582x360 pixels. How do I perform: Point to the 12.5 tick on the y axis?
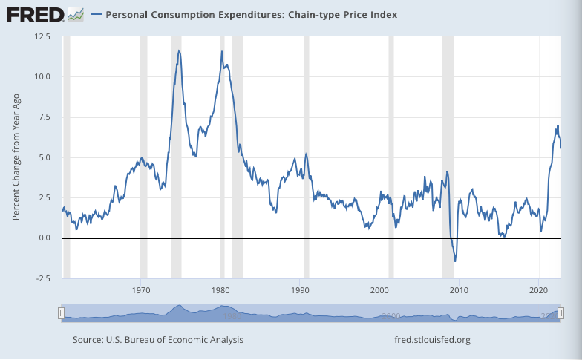41,36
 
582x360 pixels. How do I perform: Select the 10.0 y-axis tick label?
41,76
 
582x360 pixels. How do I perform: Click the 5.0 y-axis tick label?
43,157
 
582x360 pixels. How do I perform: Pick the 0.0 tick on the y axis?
43,238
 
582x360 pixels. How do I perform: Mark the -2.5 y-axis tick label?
42,278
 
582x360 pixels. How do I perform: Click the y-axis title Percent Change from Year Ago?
16,157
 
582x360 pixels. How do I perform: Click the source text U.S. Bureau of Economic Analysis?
157,340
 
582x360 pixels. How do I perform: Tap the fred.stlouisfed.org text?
434,340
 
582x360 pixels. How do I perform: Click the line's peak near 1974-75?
179,50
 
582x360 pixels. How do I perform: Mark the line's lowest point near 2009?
455,261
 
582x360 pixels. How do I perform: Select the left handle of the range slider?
62,313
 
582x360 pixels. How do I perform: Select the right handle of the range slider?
561,313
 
